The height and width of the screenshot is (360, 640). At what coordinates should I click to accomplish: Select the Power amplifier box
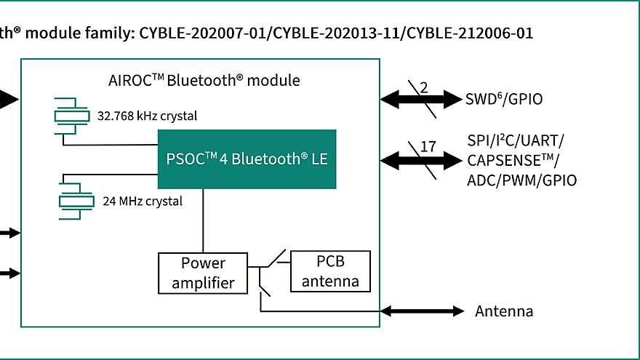pyautogui.click(x=203, y=273)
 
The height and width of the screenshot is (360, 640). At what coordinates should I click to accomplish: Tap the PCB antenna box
pyautogui.click(x=330, y=271)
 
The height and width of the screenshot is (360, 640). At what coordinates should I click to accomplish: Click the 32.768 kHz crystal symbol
pyautogui.click(x=74, y=115)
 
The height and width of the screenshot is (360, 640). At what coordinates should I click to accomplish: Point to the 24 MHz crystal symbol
pyautogui.click(x=74, y=200)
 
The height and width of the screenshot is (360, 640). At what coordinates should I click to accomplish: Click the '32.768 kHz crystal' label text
pyautogui.click(x=147, y=116)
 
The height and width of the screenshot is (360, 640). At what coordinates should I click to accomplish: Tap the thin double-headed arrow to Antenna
pyautogui.click(x=422, y=311)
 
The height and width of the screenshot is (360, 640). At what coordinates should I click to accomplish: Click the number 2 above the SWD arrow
pyautogui.click(x=423, y=87)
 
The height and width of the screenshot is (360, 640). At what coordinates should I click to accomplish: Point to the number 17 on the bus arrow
pyautogui.click(x=428, y=146)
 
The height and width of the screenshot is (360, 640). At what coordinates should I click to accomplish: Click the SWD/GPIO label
pyautogui.click(x=504, y=100)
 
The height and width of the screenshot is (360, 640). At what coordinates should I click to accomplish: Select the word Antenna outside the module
pyautogui.click(x=504, y=311)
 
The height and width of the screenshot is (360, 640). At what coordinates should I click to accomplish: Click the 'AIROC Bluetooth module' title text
pyautogui.click(x=203, y=80)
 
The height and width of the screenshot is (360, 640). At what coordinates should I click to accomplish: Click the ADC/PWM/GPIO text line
pyautogui.click(x=521, y=180)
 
